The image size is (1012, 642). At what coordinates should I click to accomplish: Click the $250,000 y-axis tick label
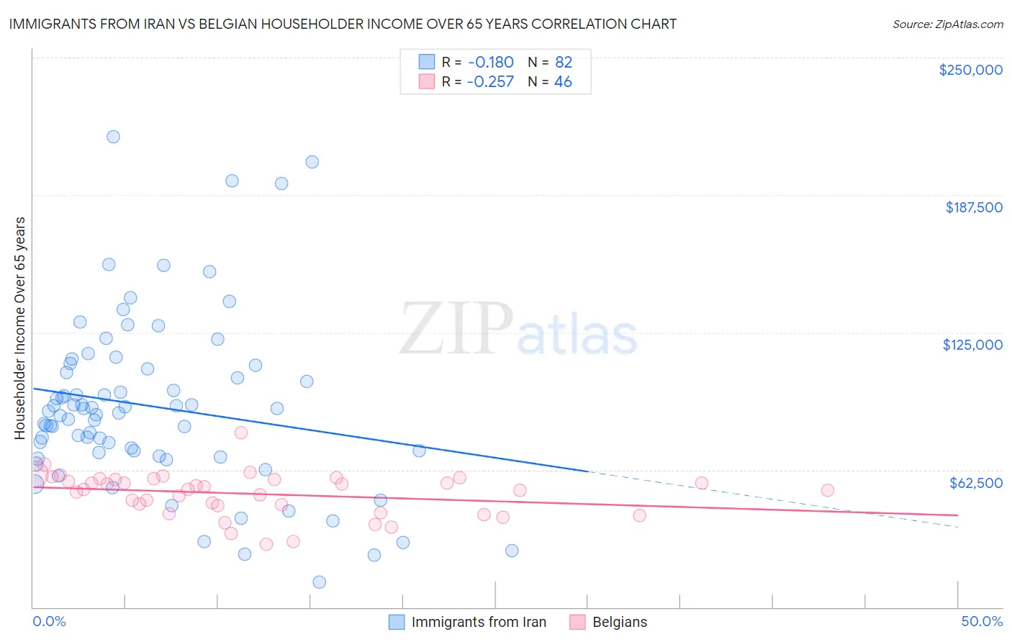pyautogui.click(x=970, y=70)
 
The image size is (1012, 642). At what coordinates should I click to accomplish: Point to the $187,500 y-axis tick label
pyautogui.click(x=973, y=207)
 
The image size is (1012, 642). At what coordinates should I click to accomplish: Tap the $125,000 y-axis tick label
pyautogui.click(x=972, y=345)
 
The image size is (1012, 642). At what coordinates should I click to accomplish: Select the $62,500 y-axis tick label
pyautogui.click(x=975, y=483)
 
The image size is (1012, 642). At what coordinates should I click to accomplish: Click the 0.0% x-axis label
pyautogui.click(x=49, y=621)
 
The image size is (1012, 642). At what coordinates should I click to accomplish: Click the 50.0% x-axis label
pyautogui.click(x=982, y=621)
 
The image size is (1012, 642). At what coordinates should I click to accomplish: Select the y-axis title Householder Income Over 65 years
pyautogui.click(x=20, y=328)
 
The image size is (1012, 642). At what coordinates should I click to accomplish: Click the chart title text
pyautogui.click(x=343, y=24)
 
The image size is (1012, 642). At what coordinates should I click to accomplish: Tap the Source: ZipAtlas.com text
pyautogui.click(x=947, y=24)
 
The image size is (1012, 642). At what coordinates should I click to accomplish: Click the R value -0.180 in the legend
pyautogui.click(x=490, y=62)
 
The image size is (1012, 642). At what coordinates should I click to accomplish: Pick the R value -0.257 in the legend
pyautogui.click(x=490, y=81)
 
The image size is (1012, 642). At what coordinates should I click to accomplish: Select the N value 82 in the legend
pyautogui.click(x=563, y=62)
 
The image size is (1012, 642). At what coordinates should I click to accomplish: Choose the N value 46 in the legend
pyautogui.click(x=563, y=81)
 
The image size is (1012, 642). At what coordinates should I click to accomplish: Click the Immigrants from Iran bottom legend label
pyautogui.click(x=479, y=622)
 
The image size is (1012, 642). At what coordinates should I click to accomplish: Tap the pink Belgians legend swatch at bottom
pyautogui.click(x=577, y=622)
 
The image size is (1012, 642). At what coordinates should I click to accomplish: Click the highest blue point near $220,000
pyautogui.click(x=113, y=137)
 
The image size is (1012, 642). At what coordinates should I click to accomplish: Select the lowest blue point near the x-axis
pyautogui.click(x=320, y=582)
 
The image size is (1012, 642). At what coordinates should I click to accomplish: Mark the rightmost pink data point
pyautogui.click(x=828, y=490)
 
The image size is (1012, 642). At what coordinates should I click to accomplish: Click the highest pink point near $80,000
pyautogui.click(x=241, y=433)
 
